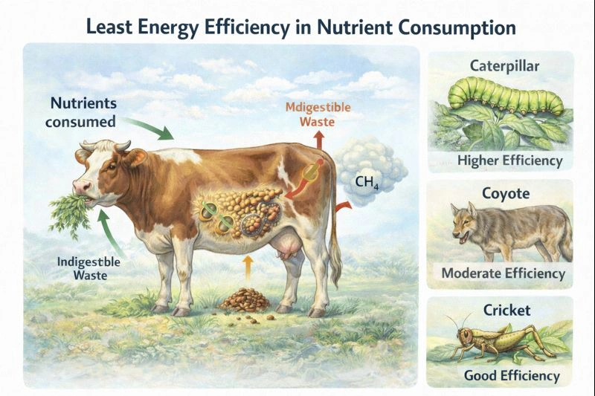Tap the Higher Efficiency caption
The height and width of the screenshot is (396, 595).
[510, 160]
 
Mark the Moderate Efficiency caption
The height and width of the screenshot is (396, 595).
[503, 273]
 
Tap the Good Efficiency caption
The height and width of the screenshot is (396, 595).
[512, 375]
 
